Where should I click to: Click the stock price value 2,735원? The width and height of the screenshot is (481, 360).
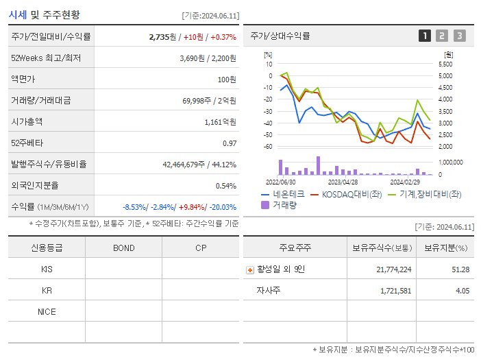tap(162, 37)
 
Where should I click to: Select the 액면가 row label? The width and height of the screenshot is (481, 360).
tap(25, 80)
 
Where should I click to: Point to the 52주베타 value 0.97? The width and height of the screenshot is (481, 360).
tap(229, 143)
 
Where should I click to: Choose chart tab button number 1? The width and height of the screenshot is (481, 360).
tap(425, 36)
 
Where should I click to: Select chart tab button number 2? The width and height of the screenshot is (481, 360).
tap(442, 36)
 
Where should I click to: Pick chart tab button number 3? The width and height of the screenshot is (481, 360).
tap(459, 36)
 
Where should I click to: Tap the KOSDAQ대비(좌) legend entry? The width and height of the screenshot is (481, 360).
tap(345, 194)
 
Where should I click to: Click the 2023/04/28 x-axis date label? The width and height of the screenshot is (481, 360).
tap(343, 182)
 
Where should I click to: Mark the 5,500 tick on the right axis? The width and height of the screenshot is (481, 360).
tap(445, 64)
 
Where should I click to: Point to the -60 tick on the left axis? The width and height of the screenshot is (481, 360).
tap(268, 147)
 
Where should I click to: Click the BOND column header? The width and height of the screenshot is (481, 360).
tap(123, 248)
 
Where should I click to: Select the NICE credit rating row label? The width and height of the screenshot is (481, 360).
tap(47, 312)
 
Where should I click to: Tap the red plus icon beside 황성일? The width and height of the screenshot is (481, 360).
tap(250, 270)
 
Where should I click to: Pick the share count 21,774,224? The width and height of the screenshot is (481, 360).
tap(394, 269)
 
